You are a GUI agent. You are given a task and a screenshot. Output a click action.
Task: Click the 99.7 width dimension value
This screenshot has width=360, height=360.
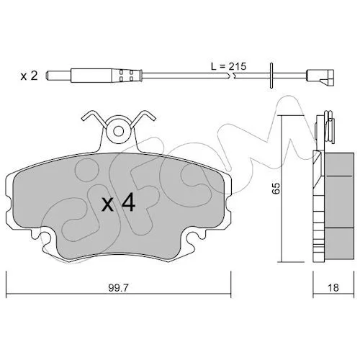click(119, 287)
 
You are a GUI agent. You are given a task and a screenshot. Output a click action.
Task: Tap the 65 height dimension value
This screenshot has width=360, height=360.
click(276, 188)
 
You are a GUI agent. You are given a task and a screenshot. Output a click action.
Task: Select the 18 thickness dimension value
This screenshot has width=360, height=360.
click(333, 287)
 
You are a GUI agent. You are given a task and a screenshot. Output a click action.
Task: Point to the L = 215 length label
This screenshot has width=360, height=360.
click(228, 66)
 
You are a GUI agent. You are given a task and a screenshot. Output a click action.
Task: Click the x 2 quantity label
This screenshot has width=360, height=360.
click(29, 76)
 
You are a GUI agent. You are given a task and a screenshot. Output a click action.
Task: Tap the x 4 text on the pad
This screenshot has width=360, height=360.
click(118, 203)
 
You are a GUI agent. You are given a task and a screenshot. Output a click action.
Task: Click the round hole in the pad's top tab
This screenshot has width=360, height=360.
click(118, 131)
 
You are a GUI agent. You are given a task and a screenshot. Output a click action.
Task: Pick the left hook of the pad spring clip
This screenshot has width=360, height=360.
click(94, 118)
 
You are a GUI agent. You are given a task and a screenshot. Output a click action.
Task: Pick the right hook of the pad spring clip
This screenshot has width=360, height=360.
click(143, 118)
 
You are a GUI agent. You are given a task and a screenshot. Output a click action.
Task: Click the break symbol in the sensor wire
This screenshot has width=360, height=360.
click(231, 76)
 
